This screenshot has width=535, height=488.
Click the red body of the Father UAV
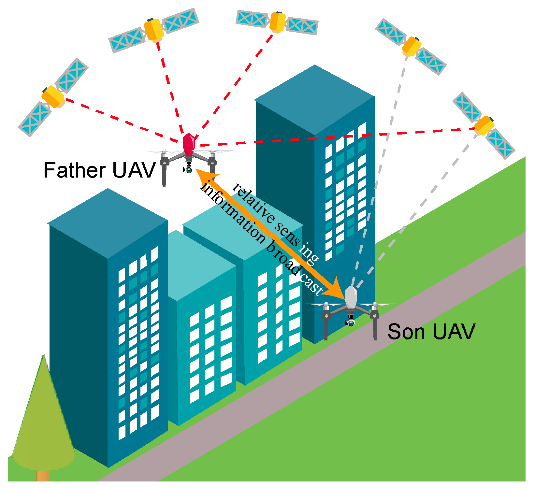[189, 143]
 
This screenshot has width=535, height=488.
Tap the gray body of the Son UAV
[351, 297]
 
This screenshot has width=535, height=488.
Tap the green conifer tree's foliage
[43, 423]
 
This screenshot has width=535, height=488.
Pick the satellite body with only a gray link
[412, 47]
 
